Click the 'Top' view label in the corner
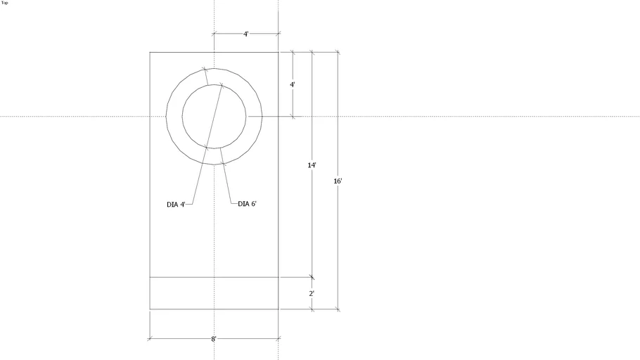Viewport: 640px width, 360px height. pos(5,3)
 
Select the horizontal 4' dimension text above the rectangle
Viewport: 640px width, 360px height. pos(245,34)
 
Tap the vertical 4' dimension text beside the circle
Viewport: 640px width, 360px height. pos(293,84)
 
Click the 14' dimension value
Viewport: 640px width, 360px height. pos(312,165)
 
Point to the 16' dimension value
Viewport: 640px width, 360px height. pos(338,181)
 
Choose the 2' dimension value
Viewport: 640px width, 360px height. pos(312,293)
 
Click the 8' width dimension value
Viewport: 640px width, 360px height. pos(214,339)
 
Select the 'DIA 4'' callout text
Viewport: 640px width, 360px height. pos(176,205)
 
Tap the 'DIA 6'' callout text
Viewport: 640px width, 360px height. pos(247,204)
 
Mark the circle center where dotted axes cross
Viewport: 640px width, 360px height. pos(214,117)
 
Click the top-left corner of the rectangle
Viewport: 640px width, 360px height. pos(150,52)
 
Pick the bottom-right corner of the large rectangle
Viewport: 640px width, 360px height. pos(279,309)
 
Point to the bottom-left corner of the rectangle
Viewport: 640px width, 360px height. pos(150,309)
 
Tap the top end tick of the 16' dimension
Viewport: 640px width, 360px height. pos(338,52)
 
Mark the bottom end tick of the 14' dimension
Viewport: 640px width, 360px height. pos(312,277)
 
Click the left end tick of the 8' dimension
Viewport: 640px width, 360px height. pos(150,339)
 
